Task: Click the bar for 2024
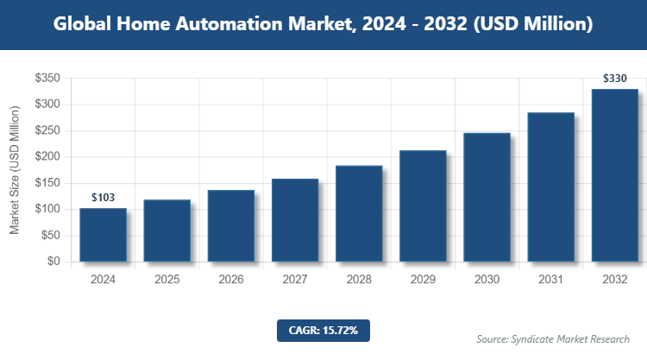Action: [x=103, y=234]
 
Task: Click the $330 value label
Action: [x=614, y=79]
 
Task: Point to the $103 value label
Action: [x=103, y=198]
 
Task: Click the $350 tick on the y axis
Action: [x=47, y=79]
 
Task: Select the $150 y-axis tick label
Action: [x=47, y=183]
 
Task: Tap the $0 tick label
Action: [x=53, y=262]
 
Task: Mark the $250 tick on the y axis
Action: [x=47, y=131]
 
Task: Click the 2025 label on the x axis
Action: [x=166, y=280]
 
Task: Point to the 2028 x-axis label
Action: [x=359, y=280]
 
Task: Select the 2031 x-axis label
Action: [x=550, y=280]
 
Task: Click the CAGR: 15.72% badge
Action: [x=323, y=330]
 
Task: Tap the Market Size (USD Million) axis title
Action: [x=15, y=170]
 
